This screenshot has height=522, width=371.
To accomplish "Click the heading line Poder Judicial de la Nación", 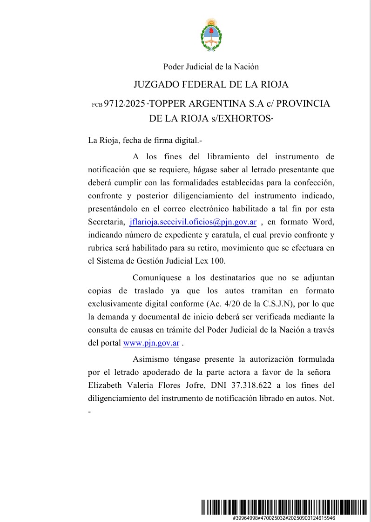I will (x=211, y=67).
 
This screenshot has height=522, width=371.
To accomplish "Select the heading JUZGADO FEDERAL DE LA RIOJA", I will (x=211, y=85).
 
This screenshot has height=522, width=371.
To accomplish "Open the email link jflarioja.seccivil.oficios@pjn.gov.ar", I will (x=193, y=221).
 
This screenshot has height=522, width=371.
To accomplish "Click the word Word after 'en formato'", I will (x=322, y=221).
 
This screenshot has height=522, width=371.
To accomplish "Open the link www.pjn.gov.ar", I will (x=151, y=344).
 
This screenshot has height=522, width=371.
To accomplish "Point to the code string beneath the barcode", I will (x=283, y=518).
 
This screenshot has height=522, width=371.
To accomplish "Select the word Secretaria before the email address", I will (x=106, y=221).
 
